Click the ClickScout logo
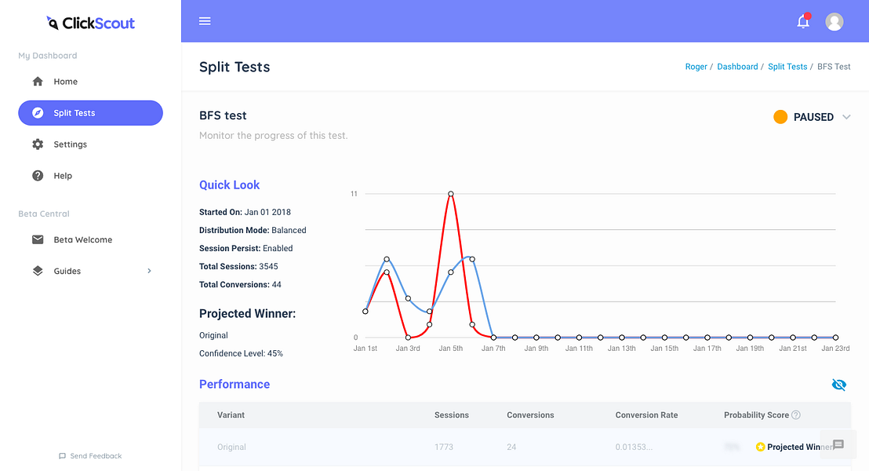[91, 23]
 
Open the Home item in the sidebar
[65, 82]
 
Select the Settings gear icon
[38, 144]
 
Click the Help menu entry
[63, 176]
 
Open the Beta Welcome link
[82, 239]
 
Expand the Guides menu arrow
[150, 271]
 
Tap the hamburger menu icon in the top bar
[205, 21]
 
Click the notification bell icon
[803, 22]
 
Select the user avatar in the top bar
[834, 22]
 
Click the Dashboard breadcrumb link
[737, 67]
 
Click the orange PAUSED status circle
[780, 117]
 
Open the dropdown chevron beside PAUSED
[846, 117]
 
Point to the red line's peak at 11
[451, 194]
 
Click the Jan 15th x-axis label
[664, 349]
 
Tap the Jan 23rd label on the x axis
[835, 349]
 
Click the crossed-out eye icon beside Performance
[838, 385]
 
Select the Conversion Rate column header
[646, 415]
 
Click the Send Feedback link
[90, 456]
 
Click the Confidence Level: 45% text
[241, 353]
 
